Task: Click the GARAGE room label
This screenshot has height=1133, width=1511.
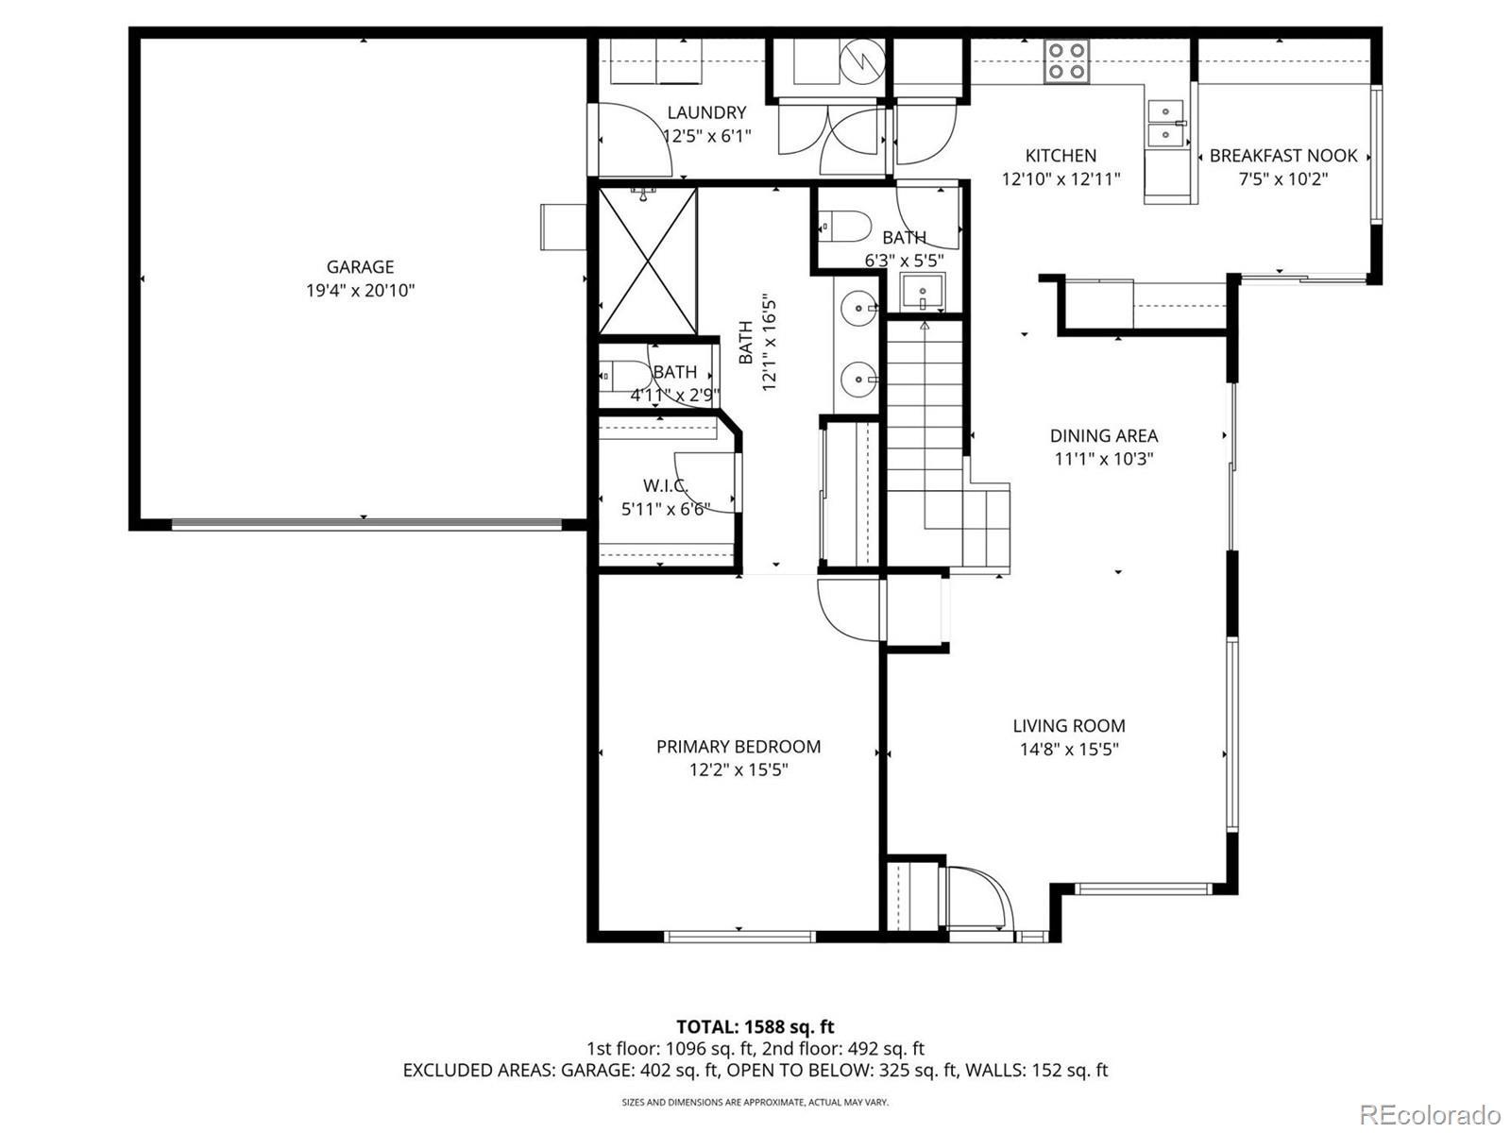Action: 360,267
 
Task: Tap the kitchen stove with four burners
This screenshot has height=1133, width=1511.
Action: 1066,61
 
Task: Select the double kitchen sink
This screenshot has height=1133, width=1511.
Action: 1165,123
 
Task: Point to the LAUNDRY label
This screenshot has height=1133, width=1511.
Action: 707,112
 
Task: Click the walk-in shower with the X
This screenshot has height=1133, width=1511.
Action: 647,261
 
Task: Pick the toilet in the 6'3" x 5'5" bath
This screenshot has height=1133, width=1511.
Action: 844,226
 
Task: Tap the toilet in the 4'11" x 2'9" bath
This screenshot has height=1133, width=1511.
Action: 624,377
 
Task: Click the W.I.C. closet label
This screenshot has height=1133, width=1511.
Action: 666,485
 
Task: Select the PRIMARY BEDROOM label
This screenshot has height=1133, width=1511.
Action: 739,747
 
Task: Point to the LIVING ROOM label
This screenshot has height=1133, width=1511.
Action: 1069,726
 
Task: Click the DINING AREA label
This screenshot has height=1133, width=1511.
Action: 1104,435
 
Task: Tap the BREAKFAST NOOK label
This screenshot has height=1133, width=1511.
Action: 1283,156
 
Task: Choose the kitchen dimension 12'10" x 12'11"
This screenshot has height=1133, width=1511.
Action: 1061,178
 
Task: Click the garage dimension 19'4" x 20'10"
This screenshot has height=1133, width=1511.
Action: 360,290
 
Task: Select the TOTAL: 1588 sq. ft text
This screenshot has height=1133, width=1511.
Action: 755,1027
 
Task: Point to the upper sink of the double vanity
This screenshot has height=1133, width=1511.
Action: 858,308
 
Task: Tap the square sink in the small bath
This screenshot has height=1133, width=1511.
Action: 923,292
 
